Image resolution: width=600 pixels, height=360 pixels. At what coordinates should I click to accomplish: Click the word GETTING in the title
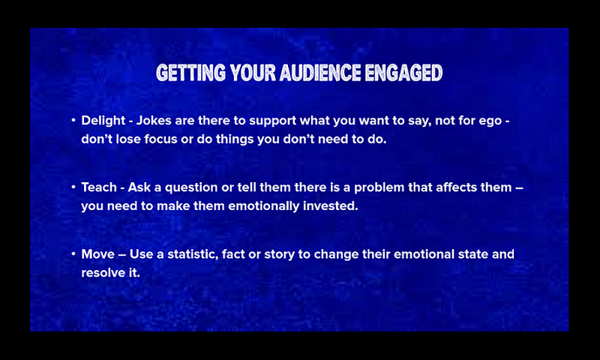[191, 73]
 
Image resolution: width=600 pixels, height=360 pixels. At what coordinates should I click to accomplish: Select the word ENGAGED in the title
[403, 73]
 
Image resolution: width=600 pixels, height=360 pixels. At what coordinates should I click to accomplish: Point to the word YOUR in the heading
[253, 73]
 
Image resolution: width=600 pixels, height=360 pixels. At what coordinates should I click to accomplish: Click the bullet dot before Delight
[73, 121]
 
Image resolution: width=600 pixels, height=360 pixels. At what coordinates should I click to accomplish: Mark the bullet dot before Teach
[73, 187]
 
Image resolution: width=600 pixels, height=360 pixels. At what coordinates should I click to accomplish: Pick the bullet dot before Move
[73, 254]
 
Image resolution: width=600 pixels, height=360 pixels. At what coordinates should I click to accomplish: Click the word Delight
[103, 121]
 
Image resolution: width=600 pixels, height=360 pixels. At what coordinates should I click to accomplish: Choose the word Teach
[99, 187]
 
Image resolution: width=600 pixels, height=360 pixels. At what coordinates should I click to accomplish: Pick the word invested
[331, 205]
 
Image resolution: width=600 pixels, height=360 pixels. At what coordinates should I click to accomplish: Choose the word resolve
[100, 272]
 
